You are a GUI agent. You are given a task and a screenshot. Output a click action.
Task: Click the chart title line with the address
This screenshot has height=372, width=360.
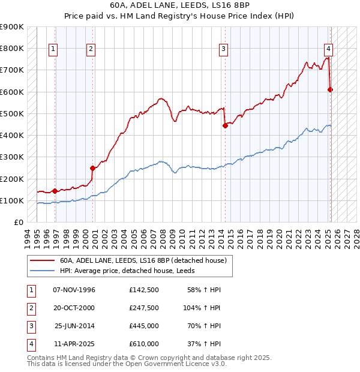(x=181, y=5)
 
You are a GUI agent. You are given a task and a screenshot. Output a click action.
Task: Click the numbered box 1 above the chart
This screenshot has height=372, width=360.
(x=54, y=49)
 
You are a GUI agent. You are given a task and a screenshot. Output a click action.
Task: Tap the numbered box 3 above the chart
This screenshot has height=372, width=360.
(x=223, y=49)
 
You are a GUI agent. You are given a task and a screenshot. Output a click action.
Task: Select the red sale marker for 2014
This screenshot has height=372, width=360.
(x=225, y=125)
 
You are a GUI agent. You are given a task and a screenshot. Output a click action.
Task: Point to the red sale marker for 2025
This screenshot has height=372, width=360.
(x=330, y=89)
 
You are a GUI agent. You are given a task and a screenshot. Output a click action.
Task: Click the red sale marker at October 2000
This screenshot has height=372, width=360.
(x=92, y=169)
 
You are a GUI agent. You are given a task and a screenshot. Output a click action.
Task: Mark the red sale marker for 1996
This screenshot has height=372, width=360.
(x=55, y=191)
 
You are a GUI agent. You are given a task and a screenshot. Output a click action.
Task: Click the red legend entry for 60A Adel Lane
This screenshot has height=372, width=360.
(x=143, y=260)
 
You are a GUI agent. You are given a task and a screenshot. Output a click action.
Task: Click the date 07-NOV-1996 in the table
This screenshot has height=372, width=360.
(x=74, y=290)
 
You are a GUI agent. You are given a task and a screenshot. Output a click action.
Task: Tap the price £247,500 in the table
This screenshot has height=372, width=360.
(x=144, y=308)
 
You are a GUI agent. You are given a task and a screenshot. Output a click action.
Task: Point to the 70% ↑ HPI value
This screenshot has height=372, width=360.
(x=206, y=326)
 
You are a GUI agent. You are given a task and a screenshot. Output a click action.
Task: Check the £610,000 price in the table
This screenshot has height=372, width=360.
(x=144, y=344)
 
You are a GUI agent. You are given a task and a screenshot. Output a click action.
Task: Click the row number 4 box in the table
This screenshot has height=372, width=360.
(x=31, y=344)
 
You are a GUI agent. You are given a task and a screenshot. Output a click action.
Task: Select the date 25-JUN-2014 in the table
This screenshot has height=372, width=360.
(x=74, y=326)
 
